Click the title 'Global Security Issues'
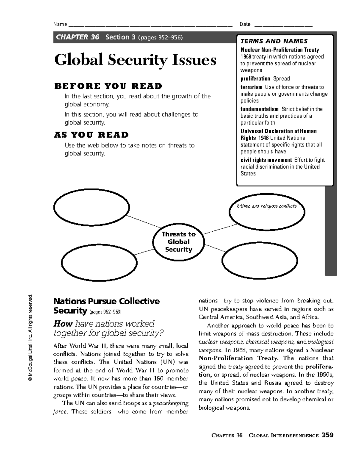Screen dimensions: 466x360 point(135,60)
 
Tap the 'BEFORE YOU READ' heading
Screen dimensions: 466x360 point(108,86)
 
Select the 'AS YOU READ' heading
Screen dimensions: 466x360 point(91,135)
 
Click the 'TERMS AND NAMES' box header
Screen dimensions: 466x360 point(274,41)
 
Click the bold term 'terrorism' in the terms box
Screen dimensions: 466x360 point(251,87)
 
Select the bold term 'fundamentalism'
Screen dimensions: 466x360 point(259,109)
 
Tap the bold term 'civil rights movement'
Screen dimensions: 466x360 point(266,160)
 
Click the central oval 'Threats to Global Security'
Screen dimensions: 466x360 point(178,242)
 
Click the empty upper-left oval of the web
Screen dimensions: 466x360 point(91,207)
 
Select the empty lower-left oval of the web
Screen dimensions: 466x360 point(99,261)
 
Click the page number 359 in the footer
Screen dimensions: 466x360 point(327,435)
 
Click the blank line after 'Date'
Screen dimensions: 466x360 point(283,25)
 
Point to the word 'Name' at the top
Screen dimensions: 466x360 point(60,24)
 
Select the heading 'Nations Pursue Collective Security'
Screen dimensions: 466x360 point(106,305)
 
